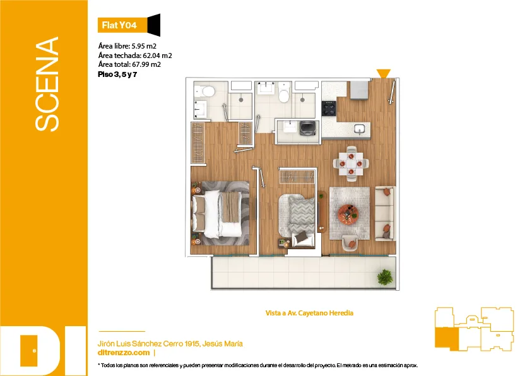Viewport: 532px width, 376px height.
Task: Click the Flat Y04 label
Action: (119, 25)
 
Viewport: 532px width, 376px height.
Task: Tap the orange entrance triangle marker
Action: (384, 73)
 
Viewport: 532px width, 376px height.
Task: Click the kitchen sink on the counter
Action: (359, 129)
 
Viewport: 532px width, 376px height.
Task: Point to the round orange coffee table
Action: (348, 214)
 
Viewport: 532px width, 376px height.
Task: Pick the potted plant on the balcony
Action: (385, 277)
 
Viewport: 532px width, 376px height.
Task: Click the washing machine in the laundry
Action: (308, 128)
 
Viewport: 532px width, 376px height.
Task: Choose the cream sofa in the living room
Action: (385, 214)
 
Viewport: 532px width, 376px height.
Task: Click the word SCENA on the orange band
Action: (47, 84)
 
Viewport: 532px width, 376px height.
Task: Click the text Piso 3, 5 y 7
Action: (117, 74)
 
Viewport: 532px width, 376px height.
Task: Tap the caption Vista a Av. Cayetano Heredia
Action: (309, 313)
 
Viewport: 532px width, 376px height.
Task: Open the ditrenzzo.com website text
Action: (124, 353)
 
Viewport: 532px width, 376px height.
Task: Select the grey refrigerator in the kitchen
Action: (360, 89)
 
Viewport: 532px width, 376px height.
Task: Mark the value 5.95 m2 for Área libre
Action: (144, 46)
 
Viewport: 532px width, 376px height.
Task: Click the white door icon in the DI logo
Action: (29, 351)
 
